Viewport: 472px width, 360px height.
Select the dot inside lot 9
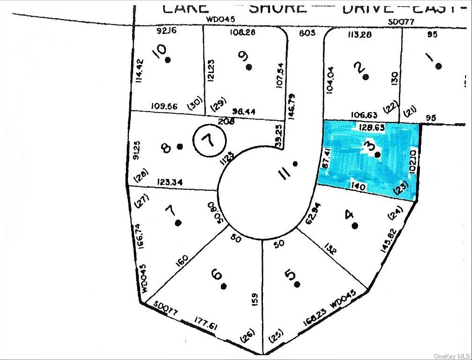coord(249,67)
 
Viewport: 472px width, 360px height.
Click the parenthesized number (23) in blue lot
coord(402,188)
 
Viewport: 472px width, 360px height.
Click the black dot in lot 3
coord(377,153)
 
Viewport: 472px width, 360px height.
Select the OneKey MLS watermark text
coord(451,355)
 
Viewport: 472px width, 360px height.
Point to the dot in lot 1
coord(438,66)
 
